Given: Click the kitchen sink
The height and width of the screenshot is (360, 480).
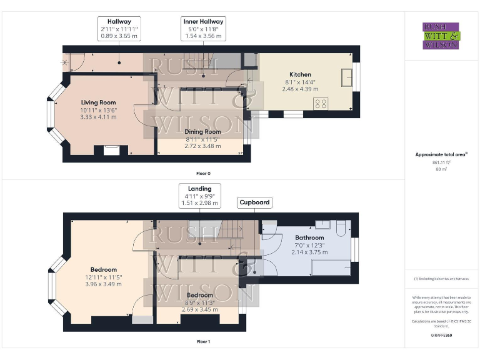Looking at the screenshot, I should pos(347,76).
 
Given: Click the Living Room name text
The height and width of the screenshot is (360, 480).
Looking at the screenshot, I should pos(98,102).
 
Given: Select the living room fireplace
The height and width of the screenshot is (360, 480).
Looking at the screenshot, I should pos(111,150).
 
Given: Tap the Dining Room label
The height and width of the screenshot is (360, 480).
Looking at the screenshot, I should pos(202,132).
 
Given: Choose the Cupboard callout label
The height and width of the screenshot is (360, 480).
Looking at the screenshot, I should pos(254,202).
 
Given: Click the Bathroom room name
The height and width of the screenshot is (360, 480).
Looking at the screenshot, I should pos(309,238).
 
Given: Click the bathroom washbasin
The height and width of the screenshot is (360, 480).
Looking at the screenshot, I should pos(322,224).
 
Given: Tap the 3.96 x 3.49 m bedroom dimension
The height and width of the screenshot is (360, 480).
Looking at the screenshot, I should pos(103,284).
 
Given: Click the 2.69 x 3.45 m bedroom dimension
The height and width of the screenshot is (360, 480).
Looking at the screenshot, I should pos(199,309).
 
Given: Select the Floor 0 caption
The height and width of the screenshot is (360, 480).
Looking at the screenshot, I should pos(203,173).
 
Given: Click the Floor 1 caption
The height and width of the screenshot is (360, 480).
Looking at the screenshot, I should pos(203,342).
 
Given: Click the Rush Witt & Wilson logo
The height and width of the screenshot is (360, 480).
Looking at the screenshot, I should pos(441,36).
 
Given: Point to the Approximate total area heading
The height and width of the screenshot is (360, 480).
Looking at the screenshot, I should pos(441,154).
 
